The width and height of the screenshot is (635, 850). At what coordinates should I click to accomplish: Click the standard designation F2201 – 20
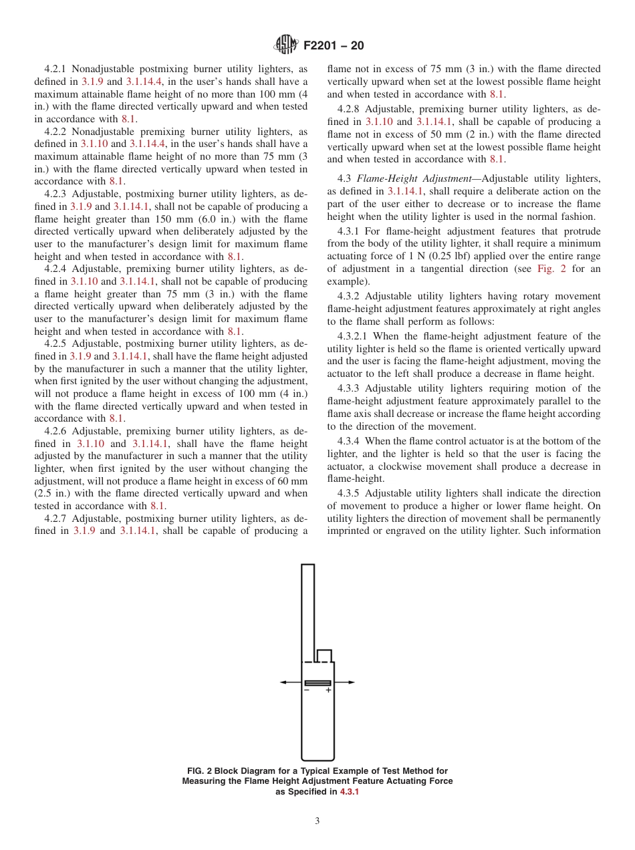pos(334,46)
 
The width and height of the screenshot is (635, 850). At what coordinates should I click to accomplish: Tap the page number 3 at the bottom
pos(317,821)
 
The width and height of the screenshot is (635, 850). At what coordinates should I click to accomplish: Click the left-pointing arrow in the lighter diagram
pos(285,682)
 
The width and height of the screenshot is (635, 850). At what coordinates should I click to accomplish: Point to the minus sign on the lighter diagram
pos(307,691)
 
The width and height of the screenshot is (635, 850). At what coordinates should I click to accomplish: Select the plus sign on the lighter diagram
pos(328,691)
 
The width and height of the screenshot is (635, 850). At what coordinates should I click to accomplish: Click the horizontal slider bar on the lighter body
pos(317,683)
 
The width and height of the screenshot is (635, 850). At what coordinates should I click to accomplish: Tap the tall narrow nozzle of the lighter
pos(307,608)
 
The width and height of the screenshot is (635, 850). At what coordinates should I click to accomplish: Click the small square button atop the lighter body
pos(324,656)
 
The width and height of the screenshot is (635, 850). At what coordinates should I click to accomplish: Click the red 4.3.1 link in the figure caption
pos(350,792)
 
